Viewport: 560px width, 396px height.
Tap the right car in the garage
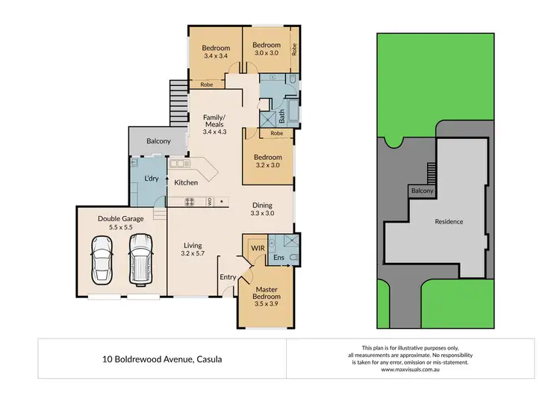(x=140, y=257)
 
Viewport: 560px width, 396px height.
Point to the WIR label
(x=258, y=247)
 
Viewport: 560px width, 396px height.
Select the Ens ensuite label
(x=279, y=258)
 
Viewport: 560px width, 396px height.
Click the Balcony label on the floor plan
(x=158, y=140)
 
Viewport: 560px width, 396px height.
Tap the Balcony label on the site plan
(x=422, y=192)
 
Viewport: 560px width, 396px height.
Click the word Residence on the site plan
(x=449, y=221)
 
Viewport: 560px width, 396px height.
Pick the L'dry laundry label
(x=152, y=179)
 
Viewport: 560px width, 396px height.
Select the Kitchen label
(x=186, y=182)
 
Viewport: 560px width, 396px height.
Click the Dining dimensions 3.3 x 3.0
(x=261, y=214)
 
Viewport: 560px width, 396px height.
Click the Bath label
(x=282, y=117)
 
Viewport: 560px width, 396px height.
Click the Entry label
(x=227, y=277)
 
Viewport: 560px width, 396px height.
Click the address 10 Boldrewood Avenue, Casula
(x=161, y=359)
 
